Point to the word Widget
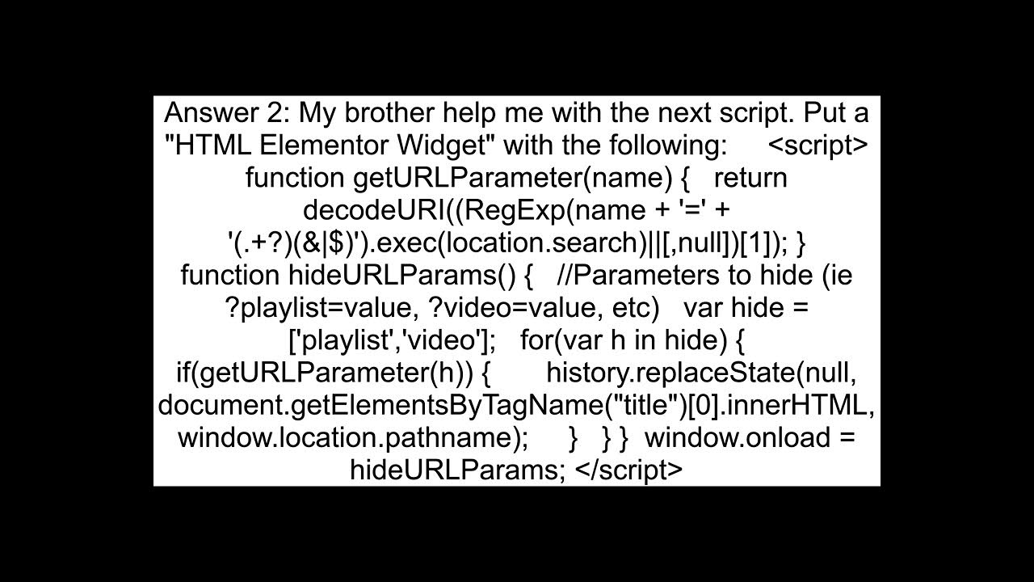[447, 145]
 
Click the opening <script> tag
[818, 145]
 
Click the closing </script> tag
[629, 470]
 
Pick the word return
[750, 178]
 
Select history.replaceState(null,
[701, 373]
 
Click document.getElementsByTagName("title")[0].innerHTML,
[516, 405]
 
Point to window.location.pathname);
[353, 437]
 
